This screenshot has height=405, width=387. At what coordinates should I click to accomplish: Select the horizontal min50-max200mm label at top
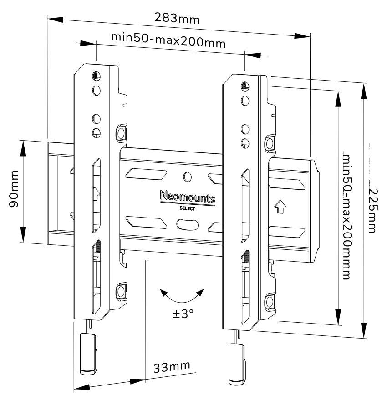tap(168, 40)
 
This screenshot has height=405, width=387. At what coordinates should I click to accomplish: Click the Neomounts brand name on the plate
tap(188, 197)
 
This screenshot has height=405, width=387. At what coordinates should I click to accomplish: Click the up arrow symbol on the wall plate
tap(280, 208)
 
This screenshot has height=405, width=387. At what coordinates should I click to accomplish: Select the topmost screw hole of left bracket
tap(96, 76)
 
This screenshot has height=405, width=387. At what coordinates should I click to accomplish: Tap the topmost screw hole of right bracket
tap(244, 86)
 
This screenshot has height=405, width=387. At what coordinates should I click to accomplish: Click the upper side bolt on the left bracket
tap(121, 133)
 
